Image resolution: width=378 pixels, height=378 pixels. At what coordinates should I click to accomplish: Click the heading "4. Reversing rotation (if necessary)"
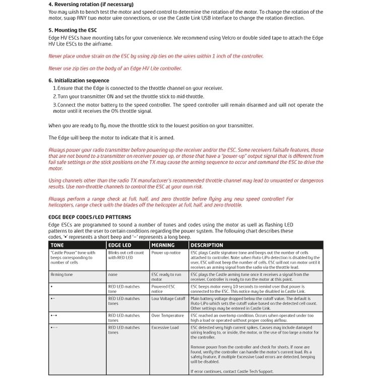(91, 5)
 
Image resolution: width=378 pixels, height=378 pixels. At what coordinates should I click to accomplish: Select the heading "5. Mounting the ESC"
(72, 30)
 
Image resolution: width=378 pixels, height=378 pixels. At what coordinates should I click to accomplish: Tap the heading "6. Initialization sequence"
(79, 81)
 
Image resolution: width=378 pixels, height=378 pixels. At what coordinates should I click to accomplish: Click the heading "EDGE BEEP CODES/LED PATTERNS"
(90, 217)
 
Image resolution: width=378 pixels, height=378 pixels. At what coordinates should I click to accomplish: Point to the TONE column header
(57, 245)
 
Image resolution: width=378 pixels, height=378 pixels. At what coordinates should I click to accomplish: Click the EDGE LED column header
(120, 245)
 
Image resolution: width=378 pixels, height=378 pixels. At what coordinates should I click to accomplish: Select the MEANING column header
(163, 245)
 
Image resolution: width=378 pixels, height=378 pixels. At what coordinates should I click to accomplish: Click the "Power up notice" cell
(166, 253)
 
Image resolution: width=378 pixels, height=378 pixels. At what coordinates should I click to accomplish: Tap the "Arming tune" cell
(61, 275)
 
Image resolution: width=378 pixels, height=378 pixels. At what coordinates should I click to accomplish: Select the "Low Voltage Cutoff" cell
(168, 298)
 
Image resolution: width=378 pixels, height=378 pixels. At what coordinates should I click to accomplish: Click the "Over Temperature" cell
(167, 316)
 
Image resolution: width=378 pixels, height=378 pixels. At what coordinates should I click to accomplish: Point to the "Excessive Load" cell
(165, 328)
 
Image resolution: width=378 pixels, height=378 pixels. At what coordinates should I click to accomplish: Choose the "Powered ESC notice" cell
(163, 289)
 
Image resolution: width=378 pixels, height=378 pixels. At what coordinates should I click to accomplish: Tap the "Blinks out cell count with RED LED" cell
(126, 255)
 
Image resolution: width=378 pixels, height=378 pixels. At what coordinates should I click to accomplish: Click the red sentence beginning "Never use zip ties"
(115, 69)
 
